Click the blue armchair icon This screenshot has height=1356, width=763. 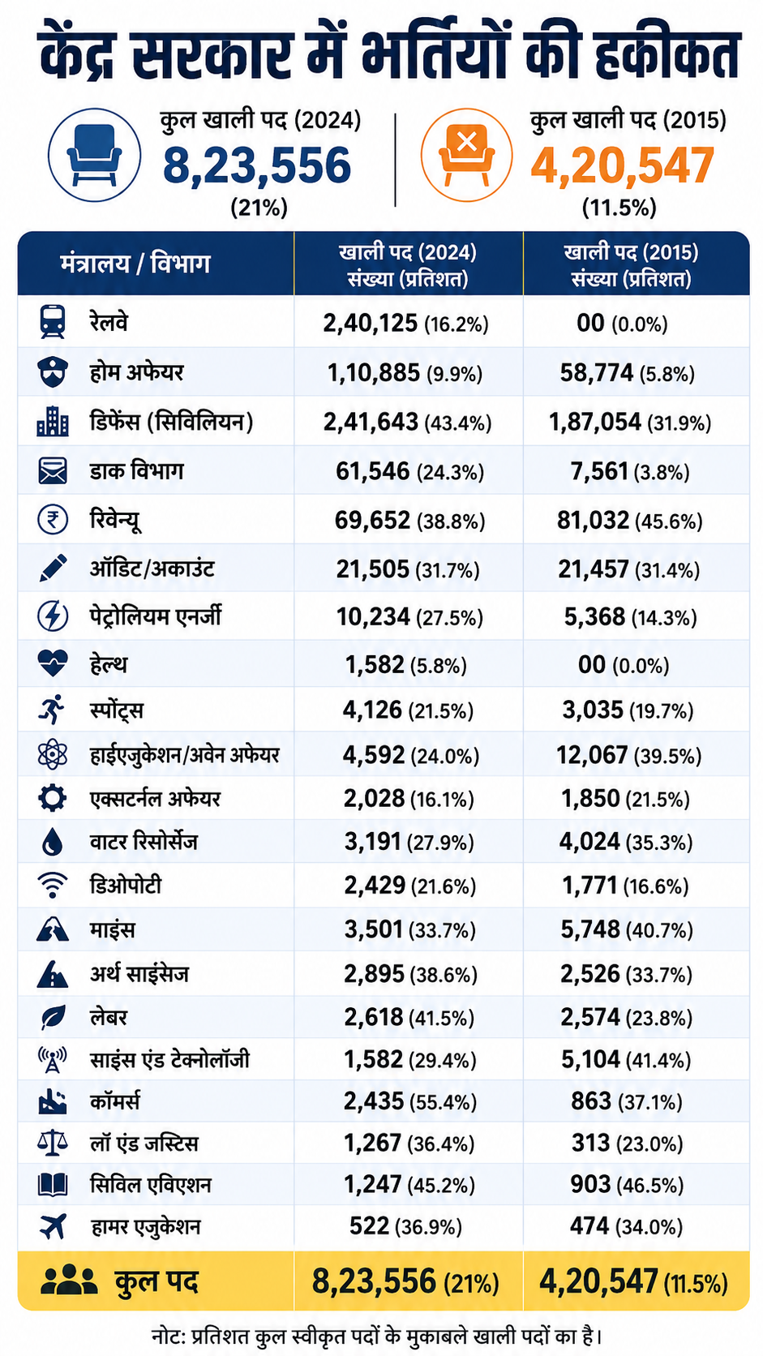point(94,155)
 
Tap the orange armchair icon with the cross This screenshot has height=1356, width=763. point(466,155)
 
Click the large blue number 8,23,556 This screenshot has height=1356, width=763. point(257,165)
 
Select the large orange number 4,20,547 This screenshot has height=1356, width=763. point(623,165)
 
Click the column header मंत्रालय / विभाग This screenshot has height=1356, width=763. point(135,264)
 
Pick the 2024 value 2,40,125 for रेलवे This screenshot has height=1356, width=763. point(370,324)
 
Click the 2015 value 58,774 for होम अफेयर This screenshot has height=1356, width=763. point(596,373)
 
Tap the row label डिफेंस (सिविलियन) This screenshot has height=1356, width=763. point(171,422)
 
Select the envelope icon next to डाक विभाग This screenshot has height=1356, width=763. point(53,471)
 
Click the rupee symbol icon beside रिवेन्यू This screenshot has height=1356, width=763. point(53,519)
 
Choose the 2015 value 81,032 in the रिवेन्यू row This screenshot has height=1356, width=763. point(593,520)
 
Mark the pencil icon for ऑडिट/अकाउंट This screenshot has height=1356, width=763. point(53,568)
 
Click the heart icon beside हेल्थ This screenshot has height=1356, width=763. point(53,663)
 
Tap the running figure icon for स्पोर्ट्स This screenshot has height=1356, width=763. point(52,710)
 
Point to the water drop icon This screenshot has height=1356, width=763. point(53,842)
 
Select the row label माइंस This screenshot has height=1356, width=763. point(112,929)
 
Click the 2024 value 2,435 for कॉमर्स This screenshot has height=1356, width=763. point(373,1101)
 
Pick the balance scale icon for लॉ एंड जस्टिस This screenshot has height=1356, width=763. point(53,1143)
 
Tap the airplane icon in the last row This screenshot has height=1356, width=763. point(53,1226)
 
